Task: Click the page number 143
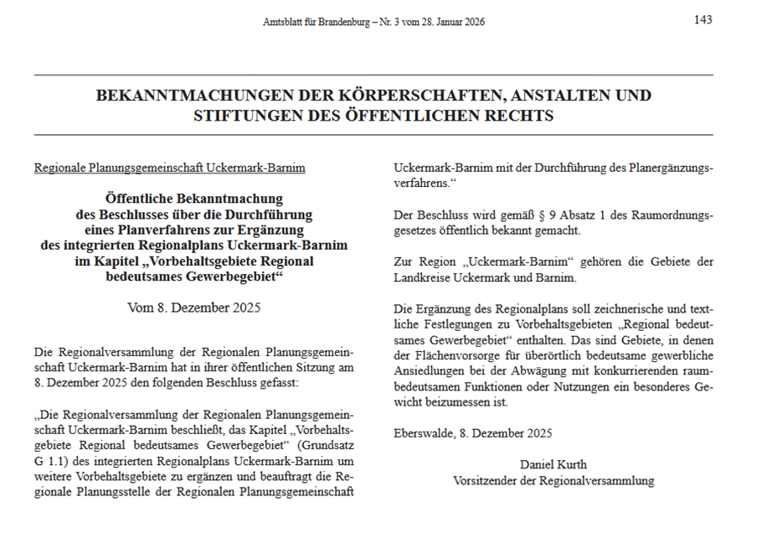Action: [x=703, y=20]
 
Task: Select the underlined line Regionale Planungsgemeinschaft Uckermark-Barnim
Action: [x=169, y=168]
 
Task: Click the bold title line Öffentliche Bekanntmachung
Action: [x=194, y=199]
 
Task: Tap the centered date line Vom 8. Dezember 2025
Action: [x=194, y=307]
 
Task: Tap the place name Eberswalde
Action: [x=425, y=433]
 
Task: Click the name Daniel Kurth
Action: [x=553, y=464]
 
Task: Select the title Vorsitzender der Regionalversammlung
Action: [x=553, y=481]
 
